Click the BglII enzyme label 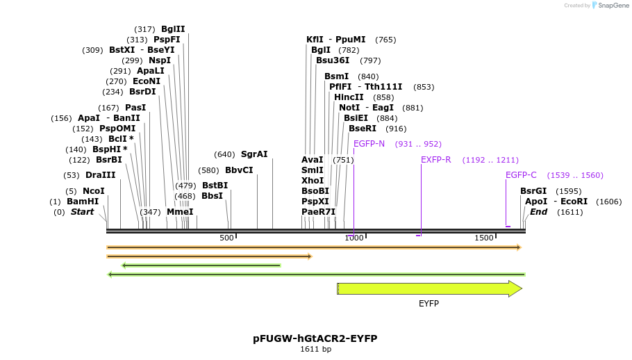click(173, 29)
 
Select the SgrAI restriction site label click(254, 154)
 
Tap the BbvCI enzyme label click(239, 170)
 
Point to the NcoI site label click(94, 191)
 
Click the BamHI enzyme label click(83, 202)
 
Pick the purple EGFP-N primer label click(369, 144)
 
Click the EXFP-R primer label click(436, 160)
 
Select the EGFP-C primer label click(521, 175)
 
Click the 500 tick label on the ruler click(226, 238)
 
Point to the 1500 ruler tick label click(483, 238)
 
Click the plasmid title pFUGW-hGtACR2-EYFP click(315, 338)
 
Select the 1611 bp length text click(315, 349)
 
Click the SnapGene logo click(610, 6)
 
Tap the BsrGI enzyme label click(533, 191)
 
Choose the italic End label click(539, 212)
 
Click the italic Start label click(82, 212)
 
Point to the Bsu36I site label click(333, 60)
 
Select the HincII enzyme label click(349, 97)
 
